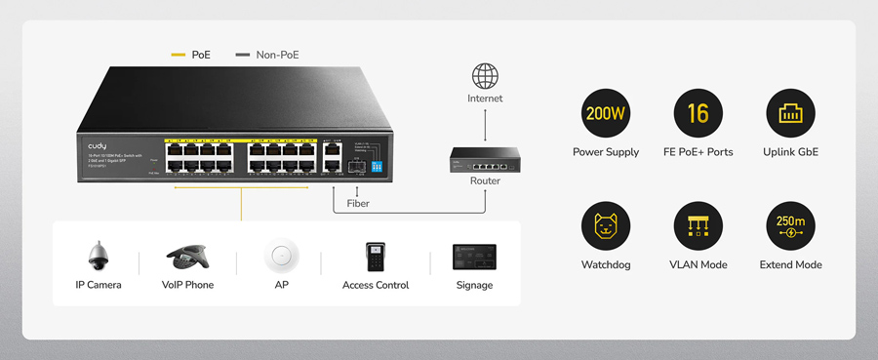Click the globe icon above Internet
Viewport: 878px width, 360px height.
pos(485,75)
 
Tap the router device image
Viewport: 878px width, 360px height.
pos(485,158)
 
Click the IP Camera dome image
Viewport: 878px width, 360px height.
pos(99,257)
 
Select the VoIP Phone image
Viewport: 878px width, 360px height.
pos(187,258)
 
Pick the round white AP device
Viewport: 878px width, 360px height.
pos(281,257)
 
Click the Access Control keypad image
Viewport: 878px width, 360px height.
pos(376,257)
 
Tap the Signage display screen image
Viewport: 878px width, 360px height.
pos(474,258)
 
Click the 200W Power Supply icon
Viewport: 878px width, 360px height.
pos(605,113)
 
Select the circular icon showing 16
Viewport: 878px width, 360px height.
pos(698,113)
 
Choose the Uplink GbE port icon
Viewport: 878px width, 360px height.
pos(790,113)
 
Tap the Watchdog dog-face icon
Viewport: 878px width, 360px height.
pos(605,226)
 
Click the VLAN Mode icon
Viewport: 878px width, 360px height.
pos(698,226)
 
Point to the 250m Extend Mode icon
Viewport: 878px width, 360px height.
pos(790,226)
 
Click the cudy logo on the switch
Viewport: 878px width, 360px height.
pos(98,145)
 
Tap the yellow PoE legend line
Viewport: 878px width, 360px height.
pos(179,55)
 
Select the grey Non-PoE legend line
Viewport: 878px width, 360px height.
pos(243,55)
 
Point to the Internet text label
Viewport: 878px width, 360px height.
pos(485,99)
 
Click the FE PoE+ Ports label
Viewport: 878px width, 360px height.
pos(698,152)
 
